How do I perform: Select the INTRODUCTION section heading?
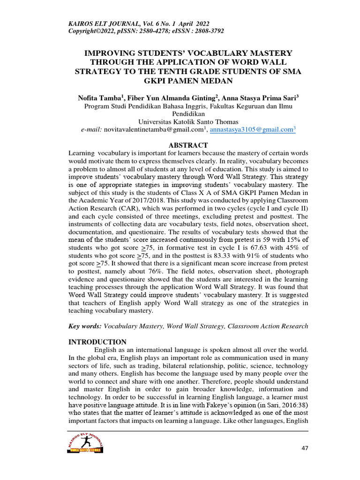click(97, 342)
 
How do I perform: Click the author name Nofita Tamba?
click(100, 97)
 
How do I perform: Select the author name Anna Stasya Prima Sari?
click(257, 97)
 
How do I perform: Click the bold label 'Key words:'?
click(84, 326)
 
